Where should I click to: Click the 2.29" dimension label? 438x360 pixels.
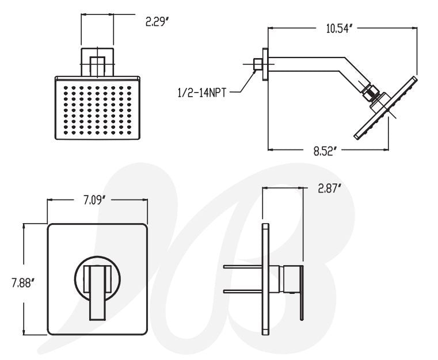coord(158,22)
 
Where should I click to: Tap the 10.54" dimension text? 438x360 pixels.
coord(338,28)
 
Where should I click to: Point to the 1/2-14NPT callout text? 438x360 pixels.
coord(201,93)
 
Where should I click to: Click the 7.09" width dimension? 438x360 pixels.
coord(94,200)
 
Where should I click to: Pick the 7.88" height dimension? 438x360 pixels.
coord(22,284)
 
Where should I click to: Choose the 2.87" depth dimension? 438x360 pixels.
coord(330,189)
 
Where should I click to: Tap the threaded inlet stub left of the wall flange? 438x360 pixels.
coord(257,64)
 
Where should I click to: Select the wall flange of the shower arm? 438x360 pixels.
coord(265,64)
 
